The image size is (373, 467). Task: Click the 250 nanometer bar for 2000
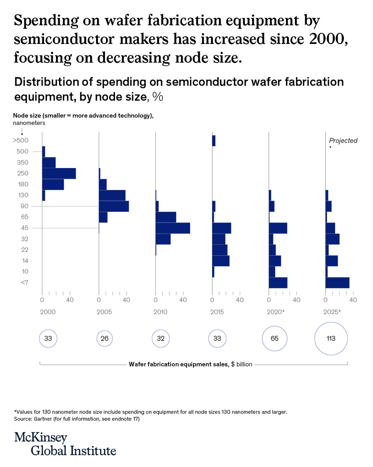[59, 174]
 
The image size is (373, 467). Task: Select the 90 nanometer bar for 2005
[114, 206]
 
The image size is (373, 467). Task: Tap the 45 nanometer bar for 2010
[173, 228]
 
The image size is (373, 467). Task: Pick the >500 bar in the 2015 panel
[214, 141]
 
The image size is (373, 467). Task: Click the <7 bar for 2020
[278, 283]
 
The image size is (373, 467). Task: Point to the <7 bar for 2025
[337, 283]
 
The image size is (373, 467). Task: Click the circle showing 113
[331, 339]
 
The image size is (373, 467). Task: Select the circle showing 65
[275, 339]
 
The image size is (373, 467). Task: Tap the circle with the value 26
[105, 339]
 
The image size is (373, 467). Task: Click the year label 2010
[161, 312]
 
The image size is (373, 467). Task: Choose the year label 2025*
[333, 312]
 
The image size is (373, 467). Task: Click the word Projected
[343, 141]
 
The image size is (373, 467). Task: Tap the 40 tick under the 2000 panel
[70, 300]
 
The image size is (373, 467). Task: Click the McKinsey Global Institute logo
[65, 444]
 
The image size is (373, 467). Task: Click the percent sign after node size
[157, 97]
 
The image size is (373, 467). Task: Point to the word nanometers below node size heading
[29, 123]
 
